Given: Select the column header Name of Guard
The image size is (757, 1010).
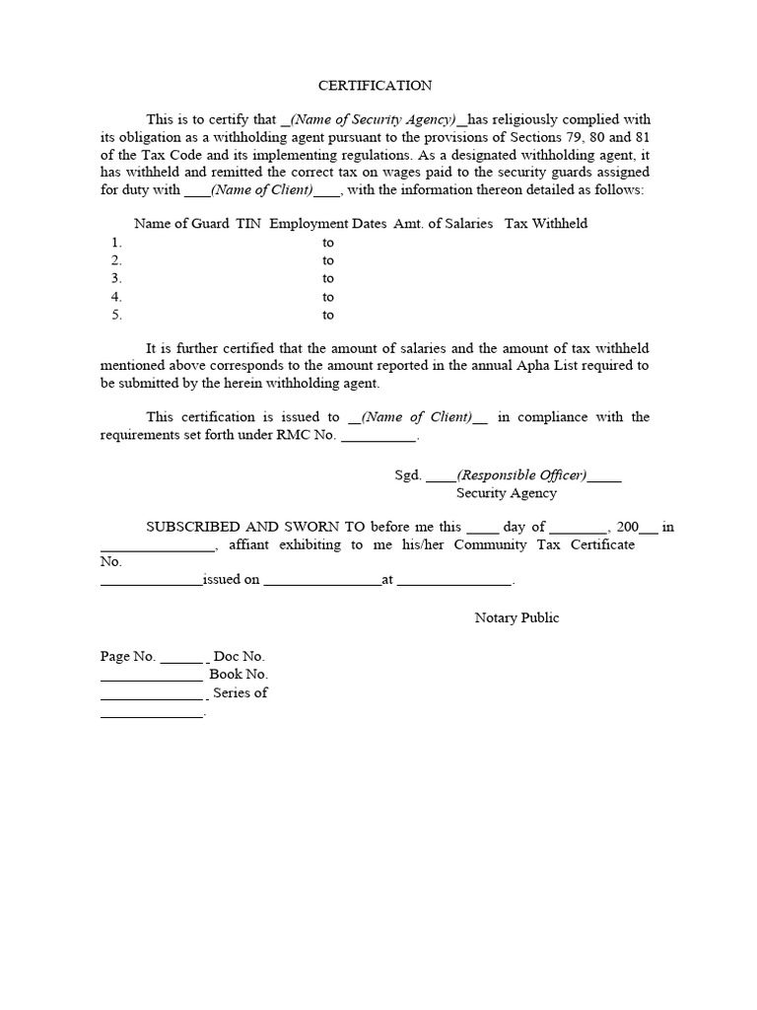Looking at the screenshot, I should point(182,224).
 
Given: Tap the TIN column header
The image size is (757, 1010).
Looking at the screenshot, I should point(248,224).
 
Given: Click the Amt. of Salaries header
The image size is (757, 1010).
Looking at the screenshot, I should point(443,224).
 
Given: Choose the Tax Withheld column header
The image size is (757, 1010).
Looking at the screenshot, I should point(545,224).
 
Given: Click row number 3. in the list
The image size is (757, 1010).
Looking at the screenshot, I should point(116,279).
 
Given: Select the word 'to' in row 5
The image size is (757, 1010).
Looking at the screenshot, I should point(328,316).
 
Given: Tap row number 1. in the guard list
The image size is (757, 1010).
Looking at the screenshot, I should point(116,243).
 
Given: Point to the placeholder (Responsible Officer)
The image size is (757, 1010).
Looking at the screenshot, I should point(522,475).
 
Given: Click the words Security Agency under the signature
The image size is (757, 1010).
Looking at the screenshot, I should point(506,493).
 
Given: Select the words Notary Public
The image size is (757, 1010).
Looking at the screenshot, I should point(516,618).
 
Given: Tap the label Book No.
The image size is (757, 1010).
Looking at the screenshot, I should point(239,675).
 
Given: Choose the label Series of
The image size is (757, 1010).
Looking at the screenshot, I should point(240,692).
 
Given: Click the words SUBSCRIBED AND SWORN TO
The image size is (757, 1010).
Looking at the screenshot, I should point(256,527).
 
